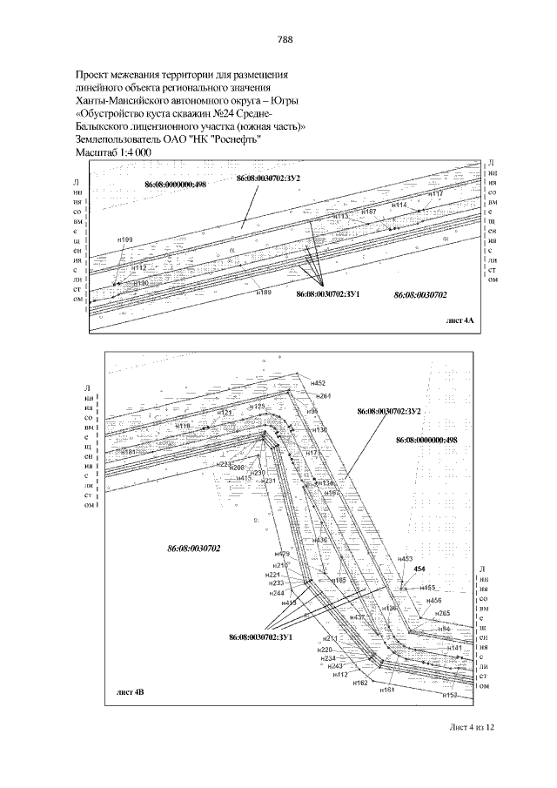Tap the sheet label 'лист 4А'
coord(459,321)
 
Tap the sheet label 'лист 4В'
coord(130,693)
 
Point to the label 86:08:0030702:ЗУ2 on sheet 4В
coord(389,410)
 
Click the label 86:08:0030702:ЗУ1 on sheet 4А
coord(328,295)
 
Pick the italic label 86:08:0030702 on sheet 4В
coord(194,549)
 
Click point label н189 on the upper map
coord(264,293)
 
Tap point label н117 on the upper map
coord(436,193)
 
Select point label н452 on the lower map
coord(318,383)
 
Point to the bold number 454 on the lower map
coord(419,569)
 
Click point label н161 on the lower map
coord(388,689)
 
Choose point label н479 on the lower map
coord(282,555)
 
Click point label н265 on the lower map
coord(442,614)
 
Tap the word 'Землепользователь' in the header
coord(120,138)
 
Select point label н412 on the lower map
coord(340,674)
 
